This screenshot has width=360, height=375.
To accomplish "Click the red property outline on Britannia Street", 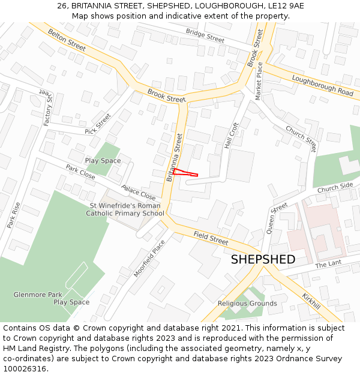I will (185, 173).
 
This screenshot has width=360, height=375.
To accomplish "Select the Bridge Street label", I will (205, 35).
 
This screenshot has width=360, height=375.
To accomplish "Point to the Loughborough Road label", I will (322, 85).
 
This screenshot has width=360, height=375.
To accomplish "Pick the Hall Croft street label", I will (232, 136).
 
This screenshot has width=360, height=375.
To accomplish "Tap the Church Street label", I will (301, 137).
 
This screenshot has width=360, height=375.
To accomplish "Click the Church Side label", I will (335, 188).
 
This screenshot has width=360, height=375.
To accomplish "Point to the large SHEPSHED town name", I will (263, 260).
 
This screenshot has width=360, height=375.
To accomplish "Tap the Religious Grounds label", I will (247, 304).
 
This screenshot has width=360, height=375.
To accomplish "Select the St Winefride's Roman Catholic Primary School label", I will (125, 209).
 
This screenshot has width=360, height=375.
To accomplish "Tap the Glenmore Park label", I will (38, 295).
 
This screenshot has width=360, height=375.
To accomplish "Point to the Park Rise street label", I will (14, 215).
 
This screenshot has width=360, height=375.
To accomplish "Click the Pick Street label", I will (98, 124).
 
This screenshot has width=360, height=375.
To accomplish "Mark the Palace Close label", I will (139, 193).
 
